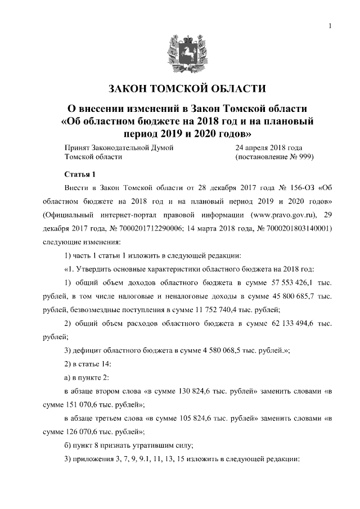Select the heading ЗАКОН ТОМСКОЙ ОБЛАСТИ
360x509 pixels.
point(179,89)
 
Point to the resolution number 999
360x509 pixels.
point(304,157)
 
